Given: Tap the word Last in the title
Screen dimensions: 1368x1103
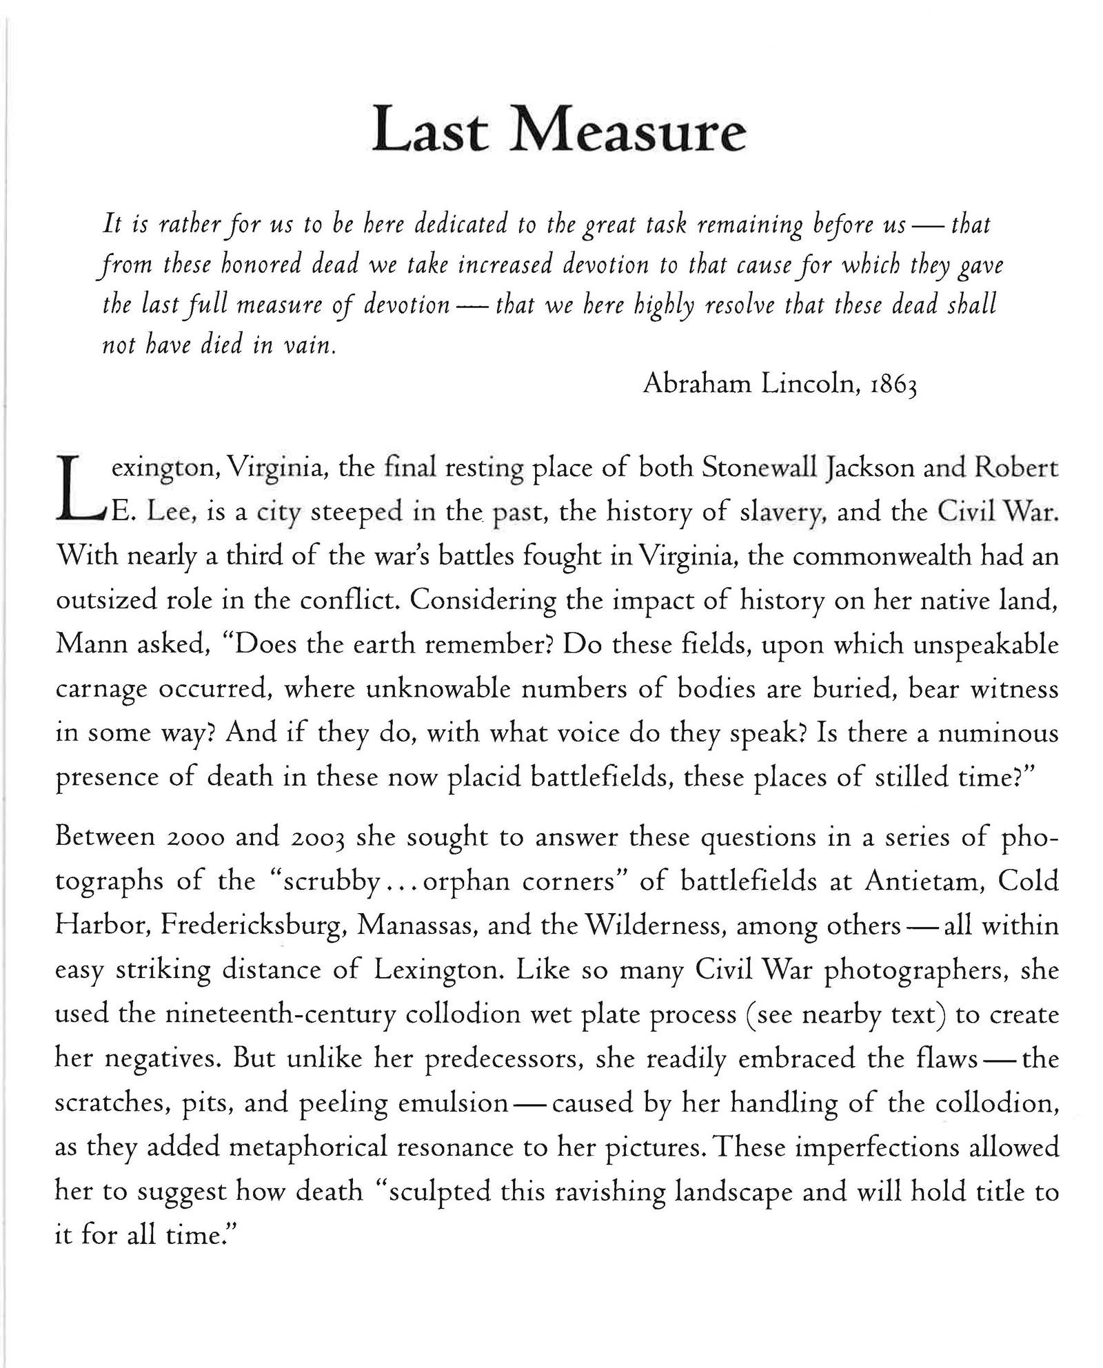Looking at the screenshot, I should click(x=430, y=131).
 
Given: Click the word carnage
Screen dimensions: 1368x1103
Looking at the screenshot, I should click(x=101, y=690).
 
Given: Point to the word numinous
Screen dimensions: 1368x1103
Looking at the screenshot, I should click(x=1000, y=733).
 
